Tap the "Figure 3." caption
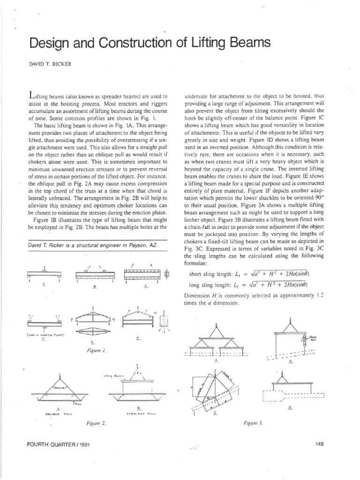(254, 424)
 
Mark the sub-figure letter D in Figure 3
(289, 407)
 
